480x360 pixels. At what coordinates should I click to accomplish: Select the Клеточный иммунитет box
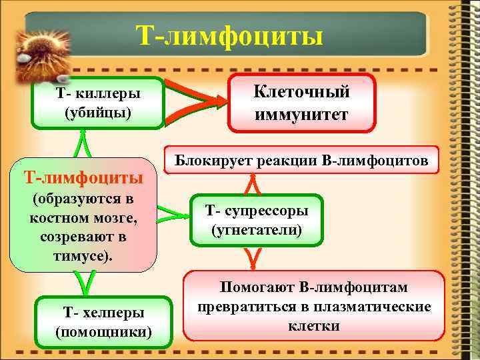point(301,103)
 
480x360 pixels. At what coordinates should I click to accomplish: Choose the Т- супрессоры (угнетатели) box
point(256,221)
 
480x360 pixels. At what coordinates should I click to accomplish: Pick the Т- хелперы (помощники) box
point(103,321)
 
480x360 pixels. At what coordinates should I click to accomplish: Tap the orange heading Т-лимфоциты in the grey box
point(83,178)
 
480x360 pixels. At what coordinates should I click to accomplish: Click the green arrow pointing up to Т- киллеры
point(82,143)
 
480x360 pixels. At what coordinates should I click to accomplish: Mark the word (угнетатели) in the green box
point(256,231)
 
